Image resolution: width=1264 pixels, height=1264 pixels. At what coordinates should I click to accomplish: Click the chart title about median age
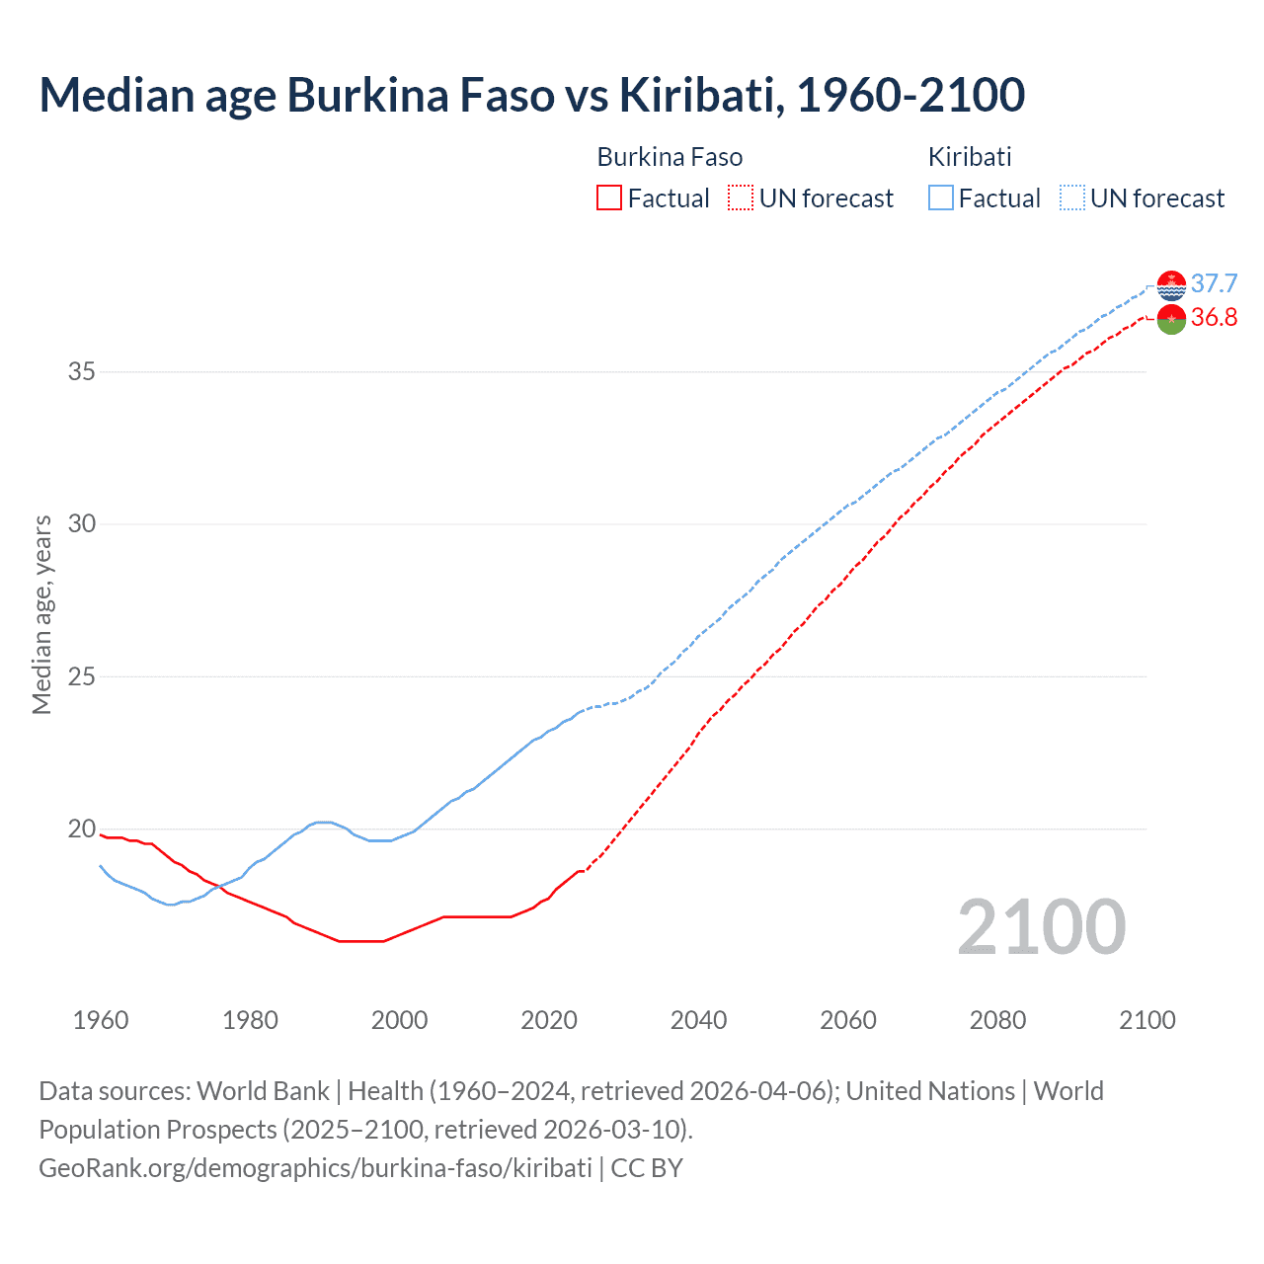(531, 95)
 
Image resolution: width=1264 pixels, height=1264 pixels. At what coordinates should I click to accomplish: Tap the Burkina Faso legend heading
(670, 157)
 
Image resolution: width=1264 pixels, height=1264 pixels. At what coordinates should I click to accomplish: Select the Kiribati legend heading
(970, 157)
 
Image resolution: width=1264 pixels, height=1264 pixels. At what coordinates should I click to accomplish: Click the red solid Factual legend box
(609, 198)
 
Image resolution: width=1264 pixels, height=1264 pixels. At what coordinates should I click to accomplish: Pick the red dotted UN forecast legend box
(741, 198)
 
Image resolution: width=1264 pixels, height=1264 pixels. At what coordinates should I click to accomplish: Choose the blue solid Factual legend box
(940, 198)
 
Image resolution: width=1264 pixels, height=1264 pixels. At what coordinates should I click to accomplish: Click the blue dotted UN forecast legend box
(1071, 198)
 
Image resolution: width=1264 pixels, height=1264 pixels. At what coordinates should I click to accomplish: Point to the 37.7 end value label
(1214, 283)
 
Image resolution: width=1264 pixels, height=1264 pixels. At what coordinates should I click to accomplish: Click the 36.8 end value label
(1214, 317)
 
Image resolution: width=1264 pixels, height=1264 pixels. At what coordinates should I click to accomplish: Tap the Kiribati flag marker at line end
(1171, 284)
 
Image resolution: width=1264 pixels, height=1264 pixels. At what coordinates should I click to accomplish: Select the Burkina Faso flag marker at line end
(1171, 319)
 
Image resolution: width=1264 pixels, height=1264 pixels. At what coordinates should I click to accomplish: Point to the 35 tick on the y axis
(82, 372)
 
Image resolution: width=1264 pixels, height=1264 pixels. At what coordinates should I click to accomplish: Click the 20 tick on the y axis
(82, 829)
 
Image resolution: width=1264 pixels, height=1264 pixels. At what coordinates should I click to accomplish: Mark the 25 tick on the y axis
(82, 677)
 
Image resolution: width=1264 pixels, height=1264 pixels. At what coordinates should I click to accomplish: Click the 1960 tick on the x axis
(101, 1020)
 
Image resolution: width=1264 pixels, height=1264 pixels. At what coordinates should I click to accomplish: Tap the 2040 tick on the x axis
(698, 1020)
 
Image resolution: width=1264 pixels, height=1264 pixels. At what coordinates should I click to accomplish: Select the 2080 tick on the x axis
(997, 1020)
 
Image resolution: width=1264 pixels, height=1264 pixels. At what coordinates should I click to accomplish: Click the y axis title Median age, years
(41, 614)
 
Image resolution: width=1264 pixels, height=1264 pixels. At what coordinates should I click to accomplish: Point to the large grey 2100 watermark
(1042, 926)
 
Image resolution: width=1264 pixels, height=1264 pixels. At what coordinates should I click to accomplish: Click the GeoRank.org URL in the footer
(315, 1168)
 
